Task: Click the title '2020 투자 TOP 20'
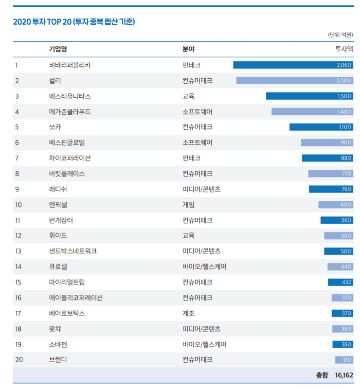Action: tap(73, 22)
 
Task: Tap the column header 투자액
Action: tap(343, 49)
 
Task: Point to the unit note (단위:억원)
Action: tap(340, 35)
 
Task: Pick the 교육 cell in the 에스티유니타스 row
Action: tap(188, 96)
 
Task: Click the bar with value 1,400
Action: tap(312, 112)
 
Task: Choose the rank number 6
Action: tap(17, 142)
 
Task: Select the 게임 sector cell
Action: tap(188, 205)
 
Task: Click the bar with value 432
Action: tap(340, 282)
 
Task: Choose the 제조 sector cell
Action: tap(188, 313)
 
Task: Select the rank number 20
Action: tap(18, 360)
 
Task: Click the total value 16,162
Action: tap(343, 375)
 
